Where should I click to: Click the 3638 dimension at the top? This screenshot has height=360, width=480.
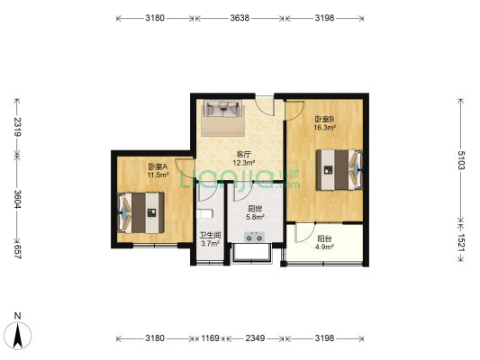[x=240, y=18]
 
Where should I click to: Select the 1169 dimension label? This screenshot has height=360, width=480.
[x=210, y=338]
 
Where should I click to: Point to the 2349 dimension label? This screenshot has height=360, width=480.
[x=255, y=338]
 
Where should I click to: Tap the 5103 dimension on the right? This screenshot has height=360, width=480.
[x=461, y=160]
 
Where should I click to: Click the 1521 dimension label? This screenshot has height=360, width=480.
[x=461, y=242]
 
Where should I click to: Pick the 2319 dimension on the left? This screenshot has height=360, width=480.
[x=17, y=127]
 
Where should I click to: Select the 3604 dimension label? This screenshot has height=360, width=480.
[x=17, y=199]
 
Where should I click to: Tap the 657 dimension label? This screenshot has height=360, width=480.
[x=17, y=252]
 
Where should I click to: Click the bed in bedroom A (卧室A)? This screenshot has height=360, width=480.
[x=141, y=212]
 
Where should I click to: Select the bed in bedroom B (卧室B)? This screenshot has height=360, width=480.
[x=340, y=169]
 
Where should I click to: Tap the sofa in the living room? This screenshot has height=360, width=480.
[x=222, y=109]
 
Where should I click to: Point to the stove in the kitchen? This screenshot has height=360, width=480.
[x=254, y=237]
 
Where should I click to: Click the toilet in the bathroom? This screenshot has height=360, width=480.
[x=204, y=213]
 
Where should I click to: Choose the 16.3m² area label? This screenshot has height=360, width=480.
[x=324, y=128]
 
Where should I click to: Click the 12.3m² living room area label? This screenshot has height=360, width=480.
[x=244, y=163]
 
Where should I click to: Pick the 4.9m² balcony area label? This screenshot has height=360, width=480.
[x=324, y=247]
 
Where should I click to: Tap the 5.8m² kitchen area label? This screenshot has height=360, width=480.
[x=255, y=217]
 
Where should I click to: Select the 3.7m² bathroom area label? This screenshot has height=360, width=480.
[x=210, y=244]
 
